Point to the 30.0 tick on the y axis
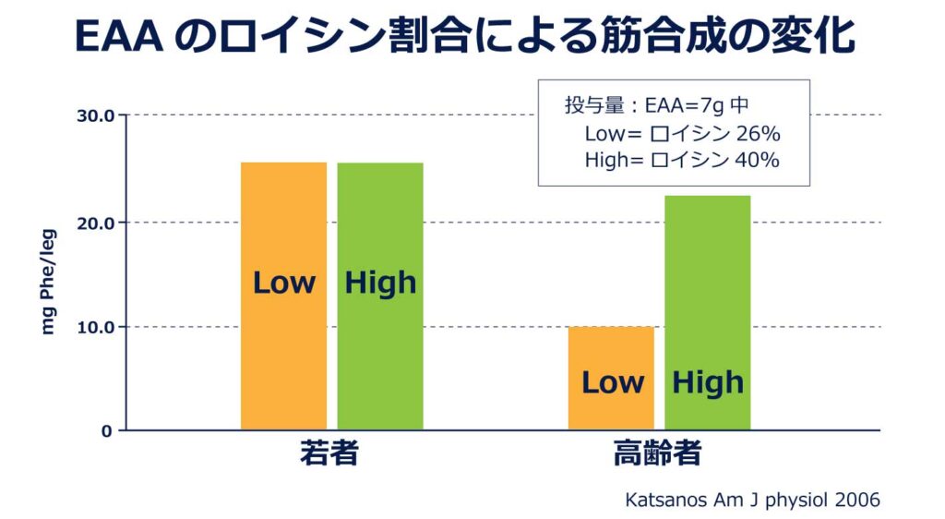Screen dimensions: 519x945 point(95,116)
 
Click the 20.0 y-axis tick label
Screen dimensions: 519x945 point(95,223)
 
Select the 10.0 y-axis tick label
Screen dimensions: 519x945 point(95,327)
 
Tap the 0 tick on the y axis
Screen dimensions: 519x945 point(105,430)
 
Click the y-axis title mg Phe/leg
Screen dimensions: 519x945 point(49,283)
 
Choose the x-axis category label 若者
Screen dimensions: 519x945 point(329,455)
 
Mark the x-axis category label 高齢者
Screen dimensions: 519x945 point(658,455)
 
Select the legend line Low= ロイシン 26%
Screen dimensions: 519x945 point(682,134)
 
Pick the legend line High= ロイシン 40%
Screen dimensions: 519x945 point(682,160)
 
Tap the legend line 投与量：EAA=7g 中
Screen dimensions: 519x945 point(663,105)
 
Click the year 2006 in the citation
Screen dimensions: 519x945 point(857,500)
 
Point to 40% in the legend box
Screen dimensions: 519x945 point(758,160)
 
